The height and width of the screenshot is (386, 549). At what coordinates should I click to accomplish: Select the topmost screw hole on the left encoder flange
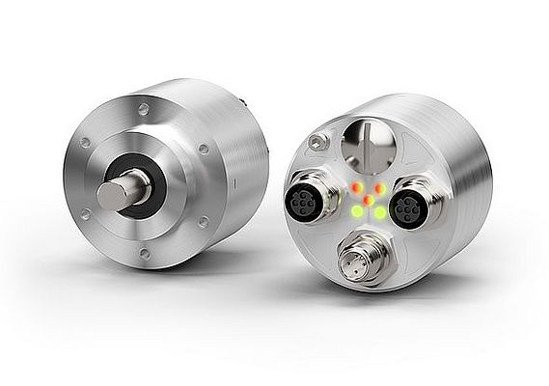[144, 110]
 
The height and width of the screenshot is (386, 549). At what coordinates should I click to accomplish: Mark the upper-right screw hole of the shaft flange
[203, 150]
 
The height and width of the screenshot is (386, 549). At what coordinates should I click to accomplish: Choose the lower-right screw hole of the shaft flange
[203, 222]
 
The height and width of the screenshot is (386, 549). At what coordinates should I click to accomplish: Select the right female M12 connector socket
[408, 207]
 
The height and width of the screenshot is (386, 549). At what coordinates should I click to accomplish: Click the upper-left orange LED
[355, 187]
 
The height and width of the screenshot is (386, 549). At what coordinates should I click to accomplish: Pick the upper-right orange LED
[380, 188]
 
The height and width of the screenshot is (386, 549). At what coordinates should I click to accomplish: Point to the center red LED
[368, 199]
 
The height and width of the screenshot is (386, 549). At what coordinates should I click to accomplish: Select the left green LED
[356, 210]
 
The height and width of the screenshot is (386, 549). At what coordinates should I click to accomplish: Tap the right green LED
[380, 211]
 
